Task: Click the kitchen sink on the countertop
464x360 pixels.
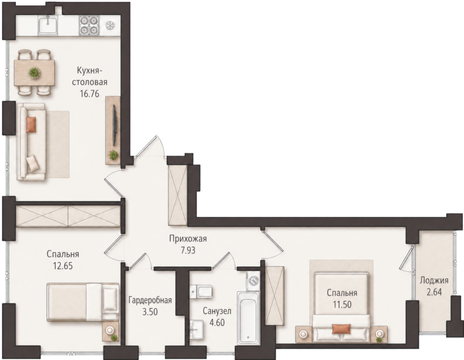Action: click(x=47, y=25)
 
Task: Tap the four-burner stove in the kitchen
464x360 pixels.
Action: click(x=89, y=25)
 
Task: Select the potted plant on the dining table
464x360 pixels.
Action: click(x=34, y=72)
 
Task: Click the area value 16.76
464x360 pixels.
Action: click(x=89, y=94)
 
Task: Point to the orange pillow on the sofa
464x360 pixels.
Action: click(x=31, y=124)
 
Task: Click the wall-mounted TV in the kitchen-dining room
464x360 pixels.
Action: click(x=115, y=124)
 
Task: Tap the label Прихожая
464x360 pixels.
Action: click(x=188, y=239)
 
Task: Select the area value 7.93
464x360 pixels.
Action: click(x=188, y=251)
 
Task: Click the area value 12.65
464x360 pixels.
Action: click(x=63, y=266)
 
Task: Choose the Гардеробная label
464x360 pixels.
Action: click(x=150, y=301)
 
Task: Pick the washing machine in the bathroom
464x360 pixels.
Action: click(x=253, y=280)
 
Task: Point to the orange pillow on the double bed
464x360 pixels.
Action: click(x=341, y=329)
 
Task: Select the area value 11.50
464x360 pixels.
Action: click(x=342, y=304)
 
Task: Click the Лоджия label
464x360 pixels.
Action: click(x=434, y=280)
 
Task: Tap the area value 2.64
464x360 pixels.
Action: click(x=434, y=292)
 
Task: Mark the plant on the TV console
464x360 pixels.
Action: click(x=113, y=155)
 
